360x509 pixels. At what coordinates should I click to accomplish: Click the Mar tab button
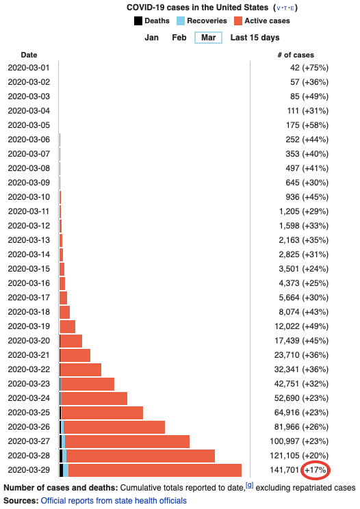point(208,38)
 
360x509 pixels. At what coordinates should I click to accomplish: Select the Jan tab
point(152,38)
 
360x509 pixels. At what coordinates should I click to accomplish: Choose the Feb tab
point(179,38)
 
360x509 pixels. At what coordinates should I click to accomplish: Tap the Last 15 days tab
point(255,38)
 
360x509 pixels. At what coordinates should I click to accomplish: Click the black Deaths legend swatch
point(138,21)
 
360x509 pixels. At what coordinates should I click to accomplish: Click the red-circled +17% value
point(316,470)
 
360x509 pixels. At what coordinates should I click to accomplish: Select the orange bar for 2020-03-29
point(155,470)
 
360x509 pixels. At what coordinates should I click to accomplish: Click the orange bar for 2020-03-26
point(114,427)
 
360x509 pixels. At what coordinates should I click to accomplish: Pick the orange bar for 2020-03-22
point(81,369)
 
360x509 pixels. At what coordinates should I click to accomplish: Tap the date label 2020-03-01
point(29,68)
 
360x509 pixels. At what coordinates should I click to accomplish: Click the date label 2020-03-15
point(29,269)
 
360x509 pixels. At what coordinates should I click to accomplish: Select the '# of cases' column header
point(295,54)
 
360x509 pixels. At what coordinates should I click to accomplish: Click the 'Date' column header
point(29,54)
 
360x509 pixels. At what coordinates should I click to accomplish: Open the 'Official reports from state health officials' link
point(114,501)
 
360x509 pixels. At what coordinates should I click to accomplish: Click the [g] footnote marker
point(250,485)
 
